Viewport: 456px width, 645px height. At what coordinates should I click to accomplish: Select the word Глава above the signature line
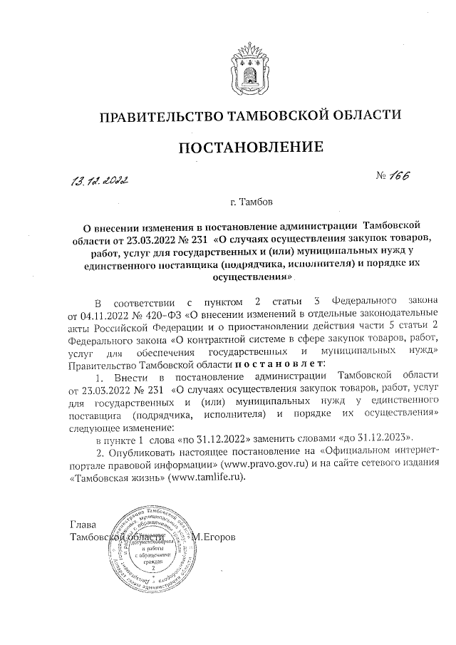tap(83, 524)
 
